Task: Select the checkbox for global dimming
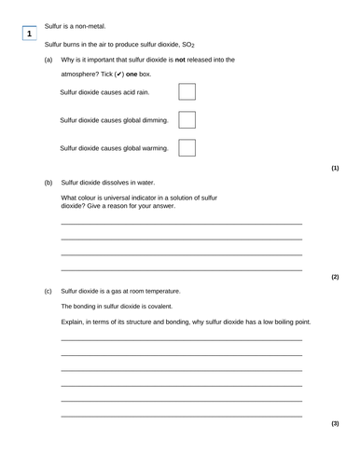pyautogui.click(x=187, y=120)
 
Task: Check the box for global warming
pyautogui.click(x=187, y=147)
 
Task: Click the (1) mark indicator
pyautogui.click(x=335, y=168)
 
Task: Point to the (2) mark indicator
pyautogui.click(x=335, y=277)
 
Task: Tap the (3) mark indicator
pyautogui.click(x=335, y=423)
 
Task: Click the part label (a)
pyautogui.click(x=48, y=60)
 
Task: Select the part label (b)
pyautogui.click(x=48, y=183)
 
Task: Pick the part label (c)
pyautogui.click(x=48, y=291)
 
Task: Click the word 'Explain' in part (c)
pyautogui.click(x=74, y=322)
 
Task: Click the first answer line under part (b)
pyautogui.click(x=181, y=224)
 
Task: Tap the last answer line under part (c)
pyautogui.click(x=181, y=416)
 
